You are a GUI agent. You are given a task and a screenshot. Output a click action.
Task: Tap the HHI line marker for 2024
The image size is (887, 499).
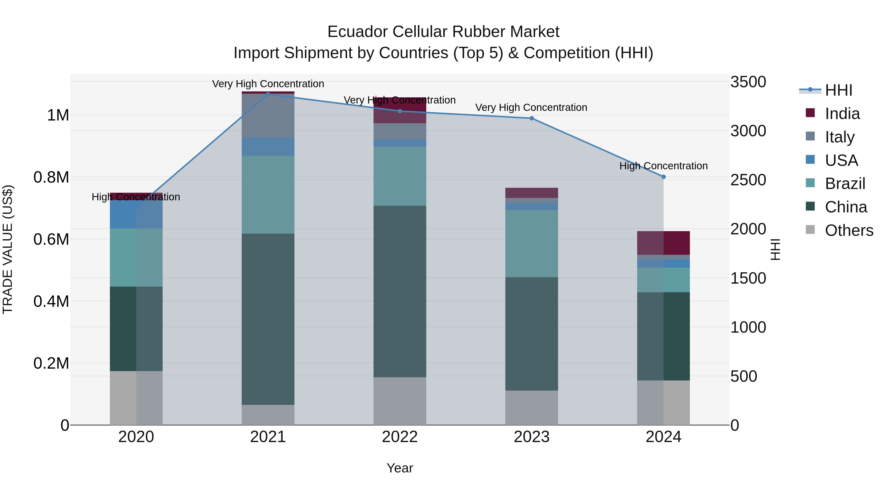coord(664,177)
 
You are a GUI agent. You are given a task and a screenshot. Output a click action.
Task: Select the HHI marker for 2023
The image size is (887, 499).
coord(532,118)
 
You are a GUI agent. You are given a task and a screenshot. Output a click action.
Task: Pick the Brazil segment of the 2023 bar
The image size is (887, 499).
coord(532,243)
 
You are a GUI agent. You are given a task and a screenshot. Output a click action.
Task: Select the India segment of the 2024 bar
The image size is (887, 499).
coord(664,243)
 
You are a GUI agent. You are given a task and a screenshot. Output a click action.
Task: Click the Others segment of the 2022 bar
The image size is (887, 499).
coord(400,401)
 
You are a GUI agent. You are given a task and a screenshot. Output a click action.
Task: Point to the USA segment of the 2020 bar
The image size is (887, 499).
coord(136,214)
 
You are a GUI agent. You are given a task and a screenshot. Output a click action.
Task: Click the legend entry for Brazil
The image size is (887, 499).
coord(845,184)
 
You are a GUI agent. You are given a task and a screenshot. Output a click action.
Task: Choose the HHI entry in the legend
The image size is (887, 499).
coord(838,90)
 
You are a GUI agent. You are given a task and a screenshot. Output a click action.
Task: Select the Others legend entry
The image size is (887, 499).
coord(849,230)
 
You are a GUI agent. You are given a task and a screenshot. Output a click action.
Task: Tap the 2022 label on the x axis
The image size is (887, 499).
coord(400,437)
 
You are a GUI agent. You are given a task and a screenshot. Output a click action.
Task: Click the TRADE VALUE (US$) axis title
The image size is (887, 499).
coord(8,249)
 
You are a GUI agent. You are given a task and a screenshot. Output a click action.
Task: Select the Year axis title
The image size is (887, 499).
coord(400,468)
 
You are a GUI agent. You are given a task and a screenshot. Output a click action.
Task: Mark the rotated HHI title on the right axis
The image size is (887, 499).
coord(775,249)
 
